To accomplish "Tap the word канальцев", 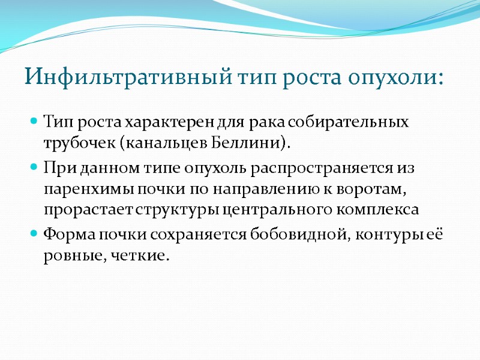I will [167, 144].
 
